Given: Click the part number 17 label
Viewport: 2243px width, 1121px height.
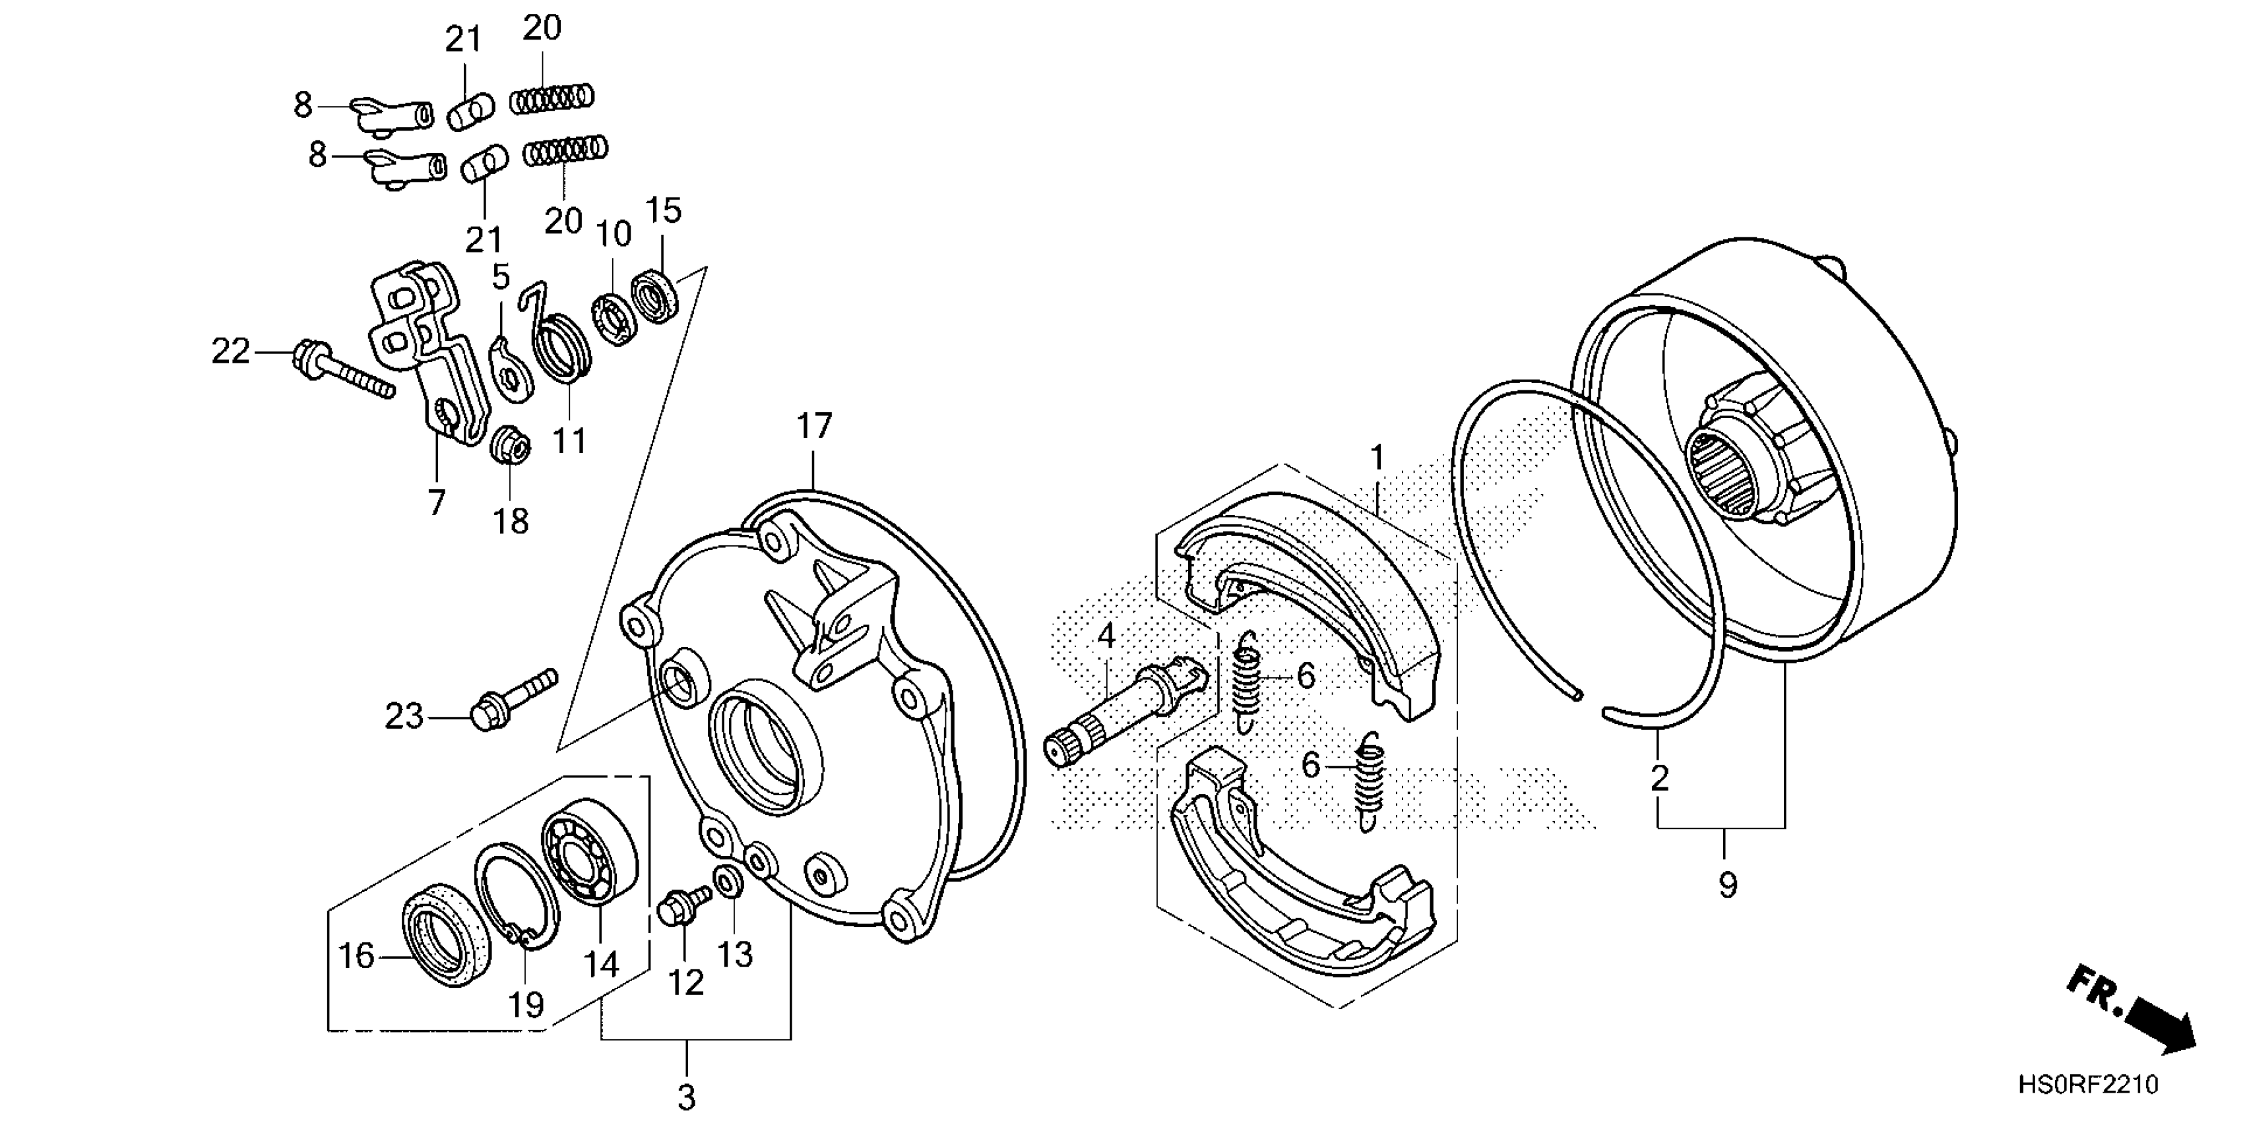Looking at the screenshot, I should [x=814, y=427].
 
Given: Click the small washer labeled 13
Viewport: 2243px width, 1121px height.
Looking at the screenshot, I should [x=728, y=882].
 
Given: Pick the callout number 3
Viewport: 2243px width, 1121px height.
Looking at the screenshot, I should [x=686, y=1097].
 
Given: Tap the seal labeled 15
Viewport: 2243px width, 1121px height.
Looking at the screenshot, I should [x=656, y=297].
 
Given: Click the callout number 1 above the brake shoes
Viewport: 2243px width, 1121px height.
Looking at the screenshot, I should [x=1377, y=457].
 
